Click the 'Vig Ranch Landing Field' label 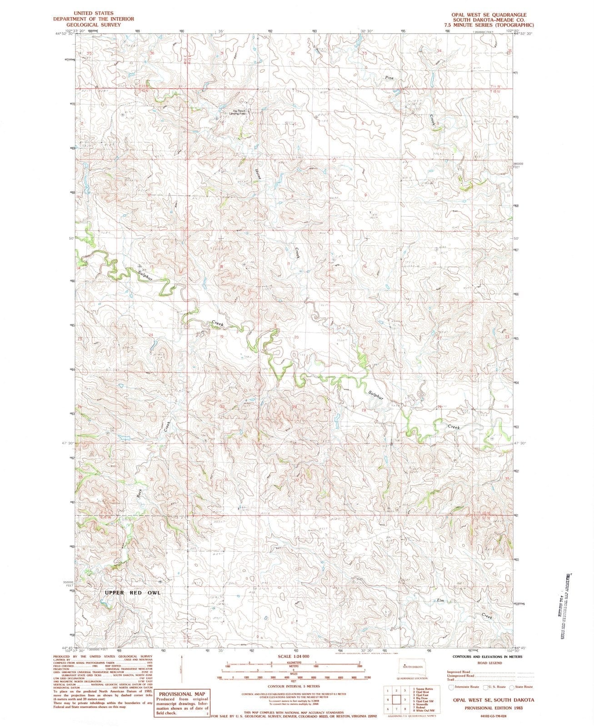239,112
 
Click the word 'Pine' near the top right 389,78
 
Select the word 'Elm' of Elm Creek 440,600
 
